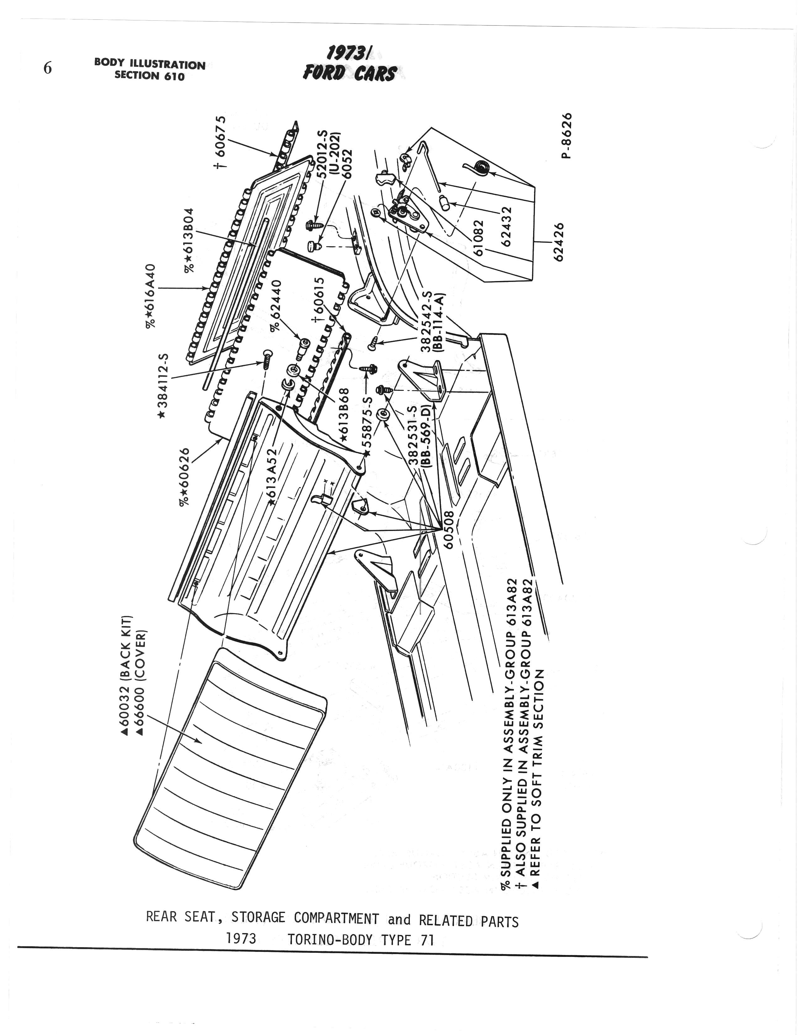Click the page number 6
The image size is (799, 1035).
[47, 69]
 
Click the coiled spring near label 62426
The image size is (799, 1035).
[481, 167]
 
